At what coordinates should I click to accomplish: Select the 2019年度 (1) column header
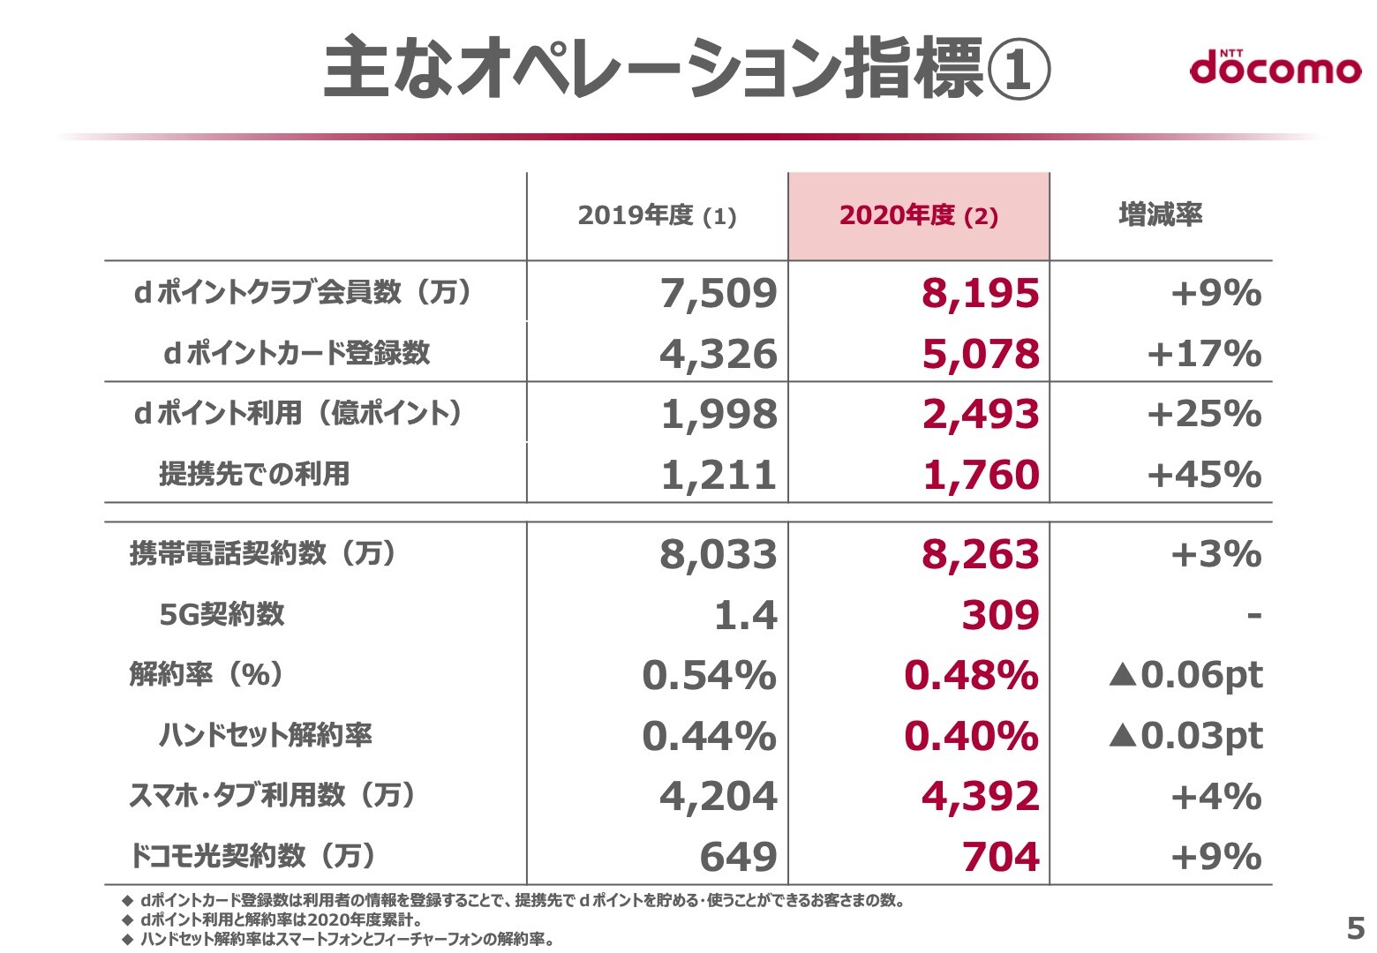(657, 216)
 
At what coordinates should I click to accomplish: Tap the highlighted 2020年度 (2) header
(918, 216)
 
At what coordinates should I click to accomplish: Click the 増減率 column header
(1160, 214)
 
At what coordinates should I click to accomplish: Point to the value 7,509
(719, 294)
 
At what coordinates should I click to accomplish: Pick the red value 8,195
(980, 294)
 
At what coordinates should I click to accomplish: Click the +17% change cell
(1204, 354)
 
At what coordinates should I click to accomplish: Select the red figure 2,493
(980, 414)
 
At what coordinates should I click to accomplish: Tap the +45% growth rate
(1204, 475)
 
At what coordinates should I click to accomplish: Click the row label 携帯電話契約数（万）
(263, 553)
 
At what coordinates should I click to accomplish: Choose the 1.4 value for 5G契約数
(745, 615)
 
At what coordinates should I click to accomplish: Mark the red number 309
(1000, 615)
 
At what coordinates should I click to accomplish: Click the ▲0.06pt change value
(1185, 675)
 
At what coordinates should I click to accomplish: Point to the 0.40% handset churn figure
(971, 736)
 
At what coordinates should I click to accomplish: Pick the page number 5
(1355, 928)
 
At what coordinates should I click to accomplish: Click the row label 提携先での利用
(254, 474)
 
